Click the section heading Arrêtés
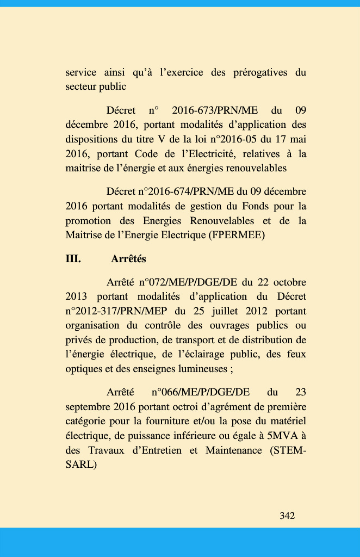128,259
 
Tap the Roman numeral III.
73,259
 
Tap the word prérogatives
247,72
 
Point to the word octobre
289,282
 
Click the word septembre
89,406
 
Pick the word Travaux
102,450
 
